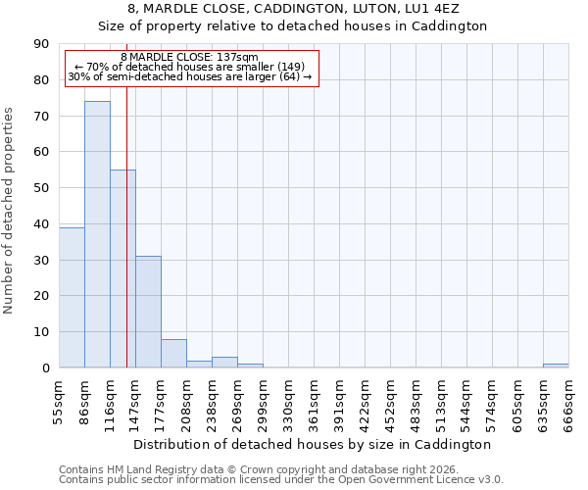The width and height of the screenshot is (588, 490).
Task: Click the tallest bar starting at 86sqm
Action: [97, 234]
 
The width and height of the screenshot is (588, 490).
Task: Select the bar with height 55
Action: [122, 269]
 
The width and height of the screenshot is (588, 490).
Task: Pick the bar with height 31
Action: [148, 312]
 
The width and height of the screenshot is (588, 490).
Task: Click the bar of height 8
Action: [173, 353]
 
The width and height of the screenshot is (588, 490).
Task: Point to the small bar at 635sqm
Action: [556, 366]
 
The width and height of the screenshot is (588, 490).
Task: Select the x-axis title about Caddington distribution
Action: [313, 444]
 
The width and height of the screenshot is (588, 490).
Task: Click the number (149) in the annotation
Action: [290, 67]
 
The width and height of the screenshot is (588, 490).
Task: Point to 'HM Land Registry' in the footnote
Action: [148, 469]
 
